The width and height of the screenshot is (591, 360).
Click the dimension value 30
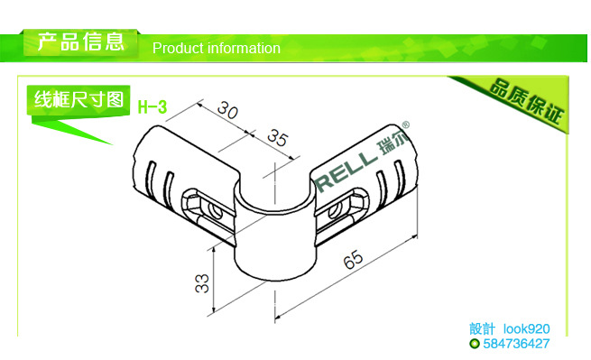[228, 110]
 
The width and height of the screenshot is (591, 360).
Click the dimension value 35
[278, 138]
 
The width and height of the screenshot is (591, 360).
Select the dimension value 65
[353, 259]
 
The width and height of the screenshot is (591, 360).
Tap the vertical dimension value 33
[202, 284]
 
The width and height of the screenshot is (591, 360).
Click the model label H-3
[152, 107]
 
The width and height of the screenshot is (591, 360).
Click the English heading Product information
[217, 48]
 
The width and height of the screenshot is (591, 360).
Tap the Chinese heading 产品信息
[80, 42]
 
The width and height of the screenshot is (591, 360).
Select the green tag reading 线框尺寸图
[78, 99]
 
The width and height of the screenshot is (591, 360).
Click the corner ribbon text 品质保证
[527, 101]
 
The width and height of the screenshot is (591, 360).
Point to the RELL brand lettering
[346, 170]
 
